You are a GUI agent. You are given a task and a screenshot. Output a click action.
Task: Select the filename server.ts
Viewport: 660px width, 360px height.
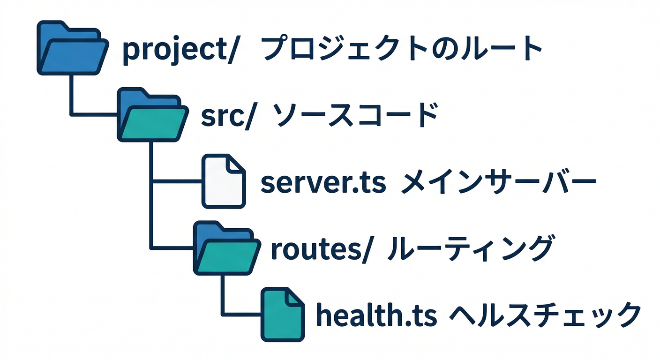coord(323,183)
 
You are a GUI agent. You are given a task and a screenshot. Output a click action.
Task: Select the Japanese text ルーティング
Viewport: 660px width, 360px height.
coord(469,248)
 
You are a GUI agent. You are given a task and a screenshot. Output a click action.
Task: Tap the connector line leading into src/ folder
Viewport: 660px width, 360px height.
coord(94,114)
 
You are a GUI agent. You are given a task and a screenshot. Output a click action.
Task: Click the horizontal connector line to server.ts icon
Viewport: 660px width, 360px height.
coord(178,181)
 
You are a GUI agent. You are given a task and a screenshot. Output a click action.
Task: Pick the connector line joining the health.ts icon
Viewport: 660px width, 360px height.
coord(241,314)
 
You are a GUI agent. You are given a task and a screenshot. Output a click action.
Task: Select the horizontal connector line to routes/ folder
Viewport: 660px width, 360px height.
coord(173,247)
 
